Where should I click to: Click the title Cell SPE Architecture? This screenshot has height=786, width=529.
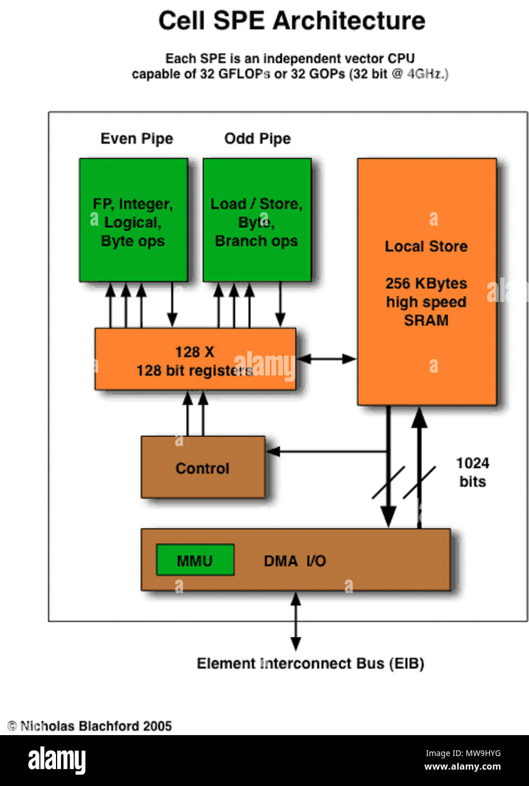tap(291, 21)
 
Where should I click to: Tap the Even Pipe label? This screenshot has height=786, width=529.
tap(136, 139)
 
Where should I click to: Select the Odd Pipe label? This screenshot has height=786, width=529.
tap(257, 139)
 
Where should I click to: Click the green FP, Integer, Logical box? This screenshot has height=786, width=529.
tap(134, 221)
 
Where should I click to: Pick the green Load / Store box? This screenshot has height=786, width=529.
tap(257, 221)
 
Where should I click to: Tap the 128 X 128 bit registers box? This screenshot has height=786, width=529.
tap(195, 360)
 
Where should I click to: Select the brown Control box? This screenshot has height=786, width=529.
tap(203, 468)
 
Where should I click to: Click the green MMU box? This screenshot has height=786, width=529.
tap(195, 560)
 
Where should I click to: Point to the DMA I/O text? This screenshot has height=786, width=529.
tap(295, 561)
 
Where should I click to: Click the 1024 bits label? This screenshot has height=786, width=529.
tap(472, 472)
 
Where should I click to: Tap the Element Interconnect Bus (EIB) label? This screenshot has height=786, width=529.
tap(310, 663)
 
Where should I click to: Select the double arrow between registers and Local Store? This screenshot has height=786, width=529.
tap(326, 359)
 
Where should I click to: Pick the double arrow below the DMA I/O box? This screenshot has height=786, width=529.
tap(295, 621)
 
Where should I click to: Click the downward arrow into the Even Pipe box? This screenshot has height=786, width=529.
tap(172, 305)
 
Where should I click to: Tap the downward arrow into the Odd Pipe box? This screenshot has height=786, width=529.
tap(279, 305)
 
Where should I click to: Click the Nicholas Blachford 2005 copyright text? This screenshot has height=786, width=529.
tap(90, 726)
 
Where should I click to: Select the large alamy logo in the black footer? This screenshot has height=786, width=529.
tap(57, 760)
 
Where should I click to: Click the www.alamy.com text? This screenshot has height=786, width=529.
tap(462, 767)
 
